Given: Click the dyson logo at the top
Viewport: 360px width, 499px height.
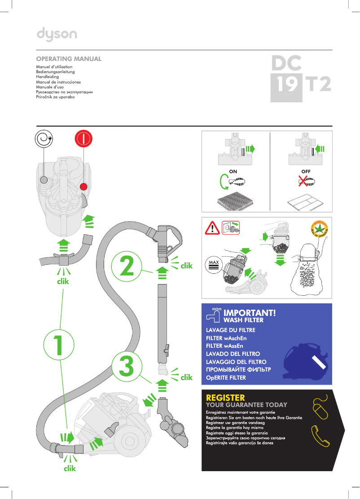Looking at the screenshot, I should tap(57, 34).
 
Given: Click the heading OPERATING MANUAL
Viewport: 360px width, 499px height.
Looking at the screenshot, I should tap(69, 59).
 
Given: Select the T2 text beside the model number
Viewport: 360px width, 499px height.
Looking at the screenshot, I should tap(318, 85).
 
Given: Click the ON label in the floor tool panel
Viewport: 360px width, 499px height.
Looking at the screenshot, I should tap(233, 171).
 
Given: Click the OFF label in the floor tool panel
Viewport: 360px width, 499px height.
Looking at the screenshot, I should tap(306, 171).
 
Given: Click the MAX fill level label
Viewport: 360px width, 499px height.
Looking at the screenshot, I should tap(213, 262).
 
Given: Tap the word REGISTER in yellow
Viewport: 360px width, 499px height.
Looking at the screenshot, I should tap(225, 398).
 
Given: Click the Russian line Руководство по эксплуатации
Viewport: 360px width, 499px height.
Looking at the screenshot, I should tap(64, 92).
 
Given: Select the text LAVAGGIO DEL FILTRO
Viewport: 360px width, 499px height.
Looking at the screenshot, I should tap(236, 362).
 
